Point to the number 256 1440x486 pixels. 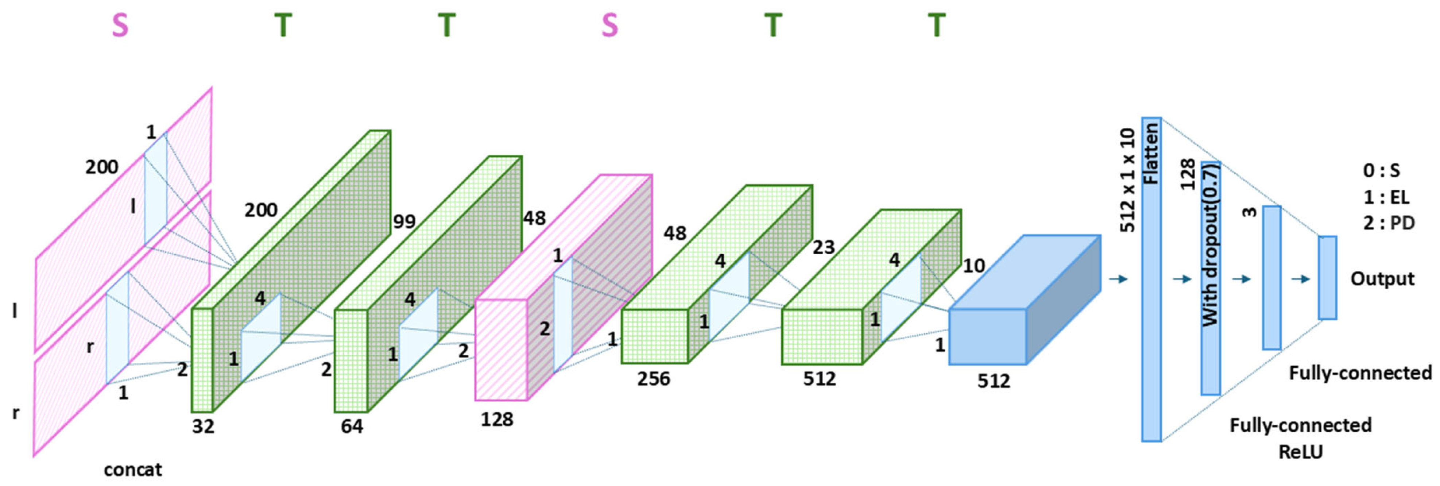(x=653, y=379)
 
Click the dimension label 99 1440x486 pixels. (x=404, y=222)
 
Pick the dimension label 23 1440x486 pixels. (x=823, y=247)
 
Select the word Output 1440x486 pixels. (x=1382, y=278)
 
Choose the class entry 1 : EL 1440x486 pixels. (x=1385, y=197)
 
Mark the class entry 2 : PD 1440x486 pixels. (x=1389, y=223)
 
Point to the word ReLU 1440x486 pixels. (x=1300, y=452)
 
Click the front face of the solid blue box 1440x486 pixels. (x=987, y=337)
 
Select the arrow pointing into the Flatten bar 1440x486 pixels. (x=1119, y=278)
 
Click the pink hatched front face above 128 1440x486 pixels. (x=501, y=350)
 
